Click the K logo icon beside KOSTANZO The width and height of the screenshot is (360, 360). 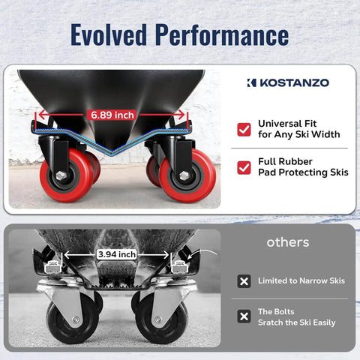(252, 82)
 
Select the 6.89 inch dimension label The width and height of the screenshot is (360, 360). (112, 115)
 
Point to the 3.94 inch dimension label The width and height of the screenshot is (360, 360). (117, 254)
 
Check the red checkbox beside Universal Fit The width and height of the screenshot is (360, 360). (244, 129)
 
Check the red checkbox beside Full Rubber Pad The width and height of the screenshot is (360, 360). (244, 166)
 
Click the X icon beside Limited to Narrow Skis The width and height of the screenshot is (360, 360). (244, 281)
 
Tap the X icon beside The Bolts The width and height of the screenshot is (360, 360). (244, 316)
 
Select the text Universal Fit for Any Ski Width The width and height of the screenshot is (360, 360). (298, 129)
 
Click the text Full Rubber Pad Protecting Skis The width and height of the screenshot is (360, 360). (303, 166)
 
